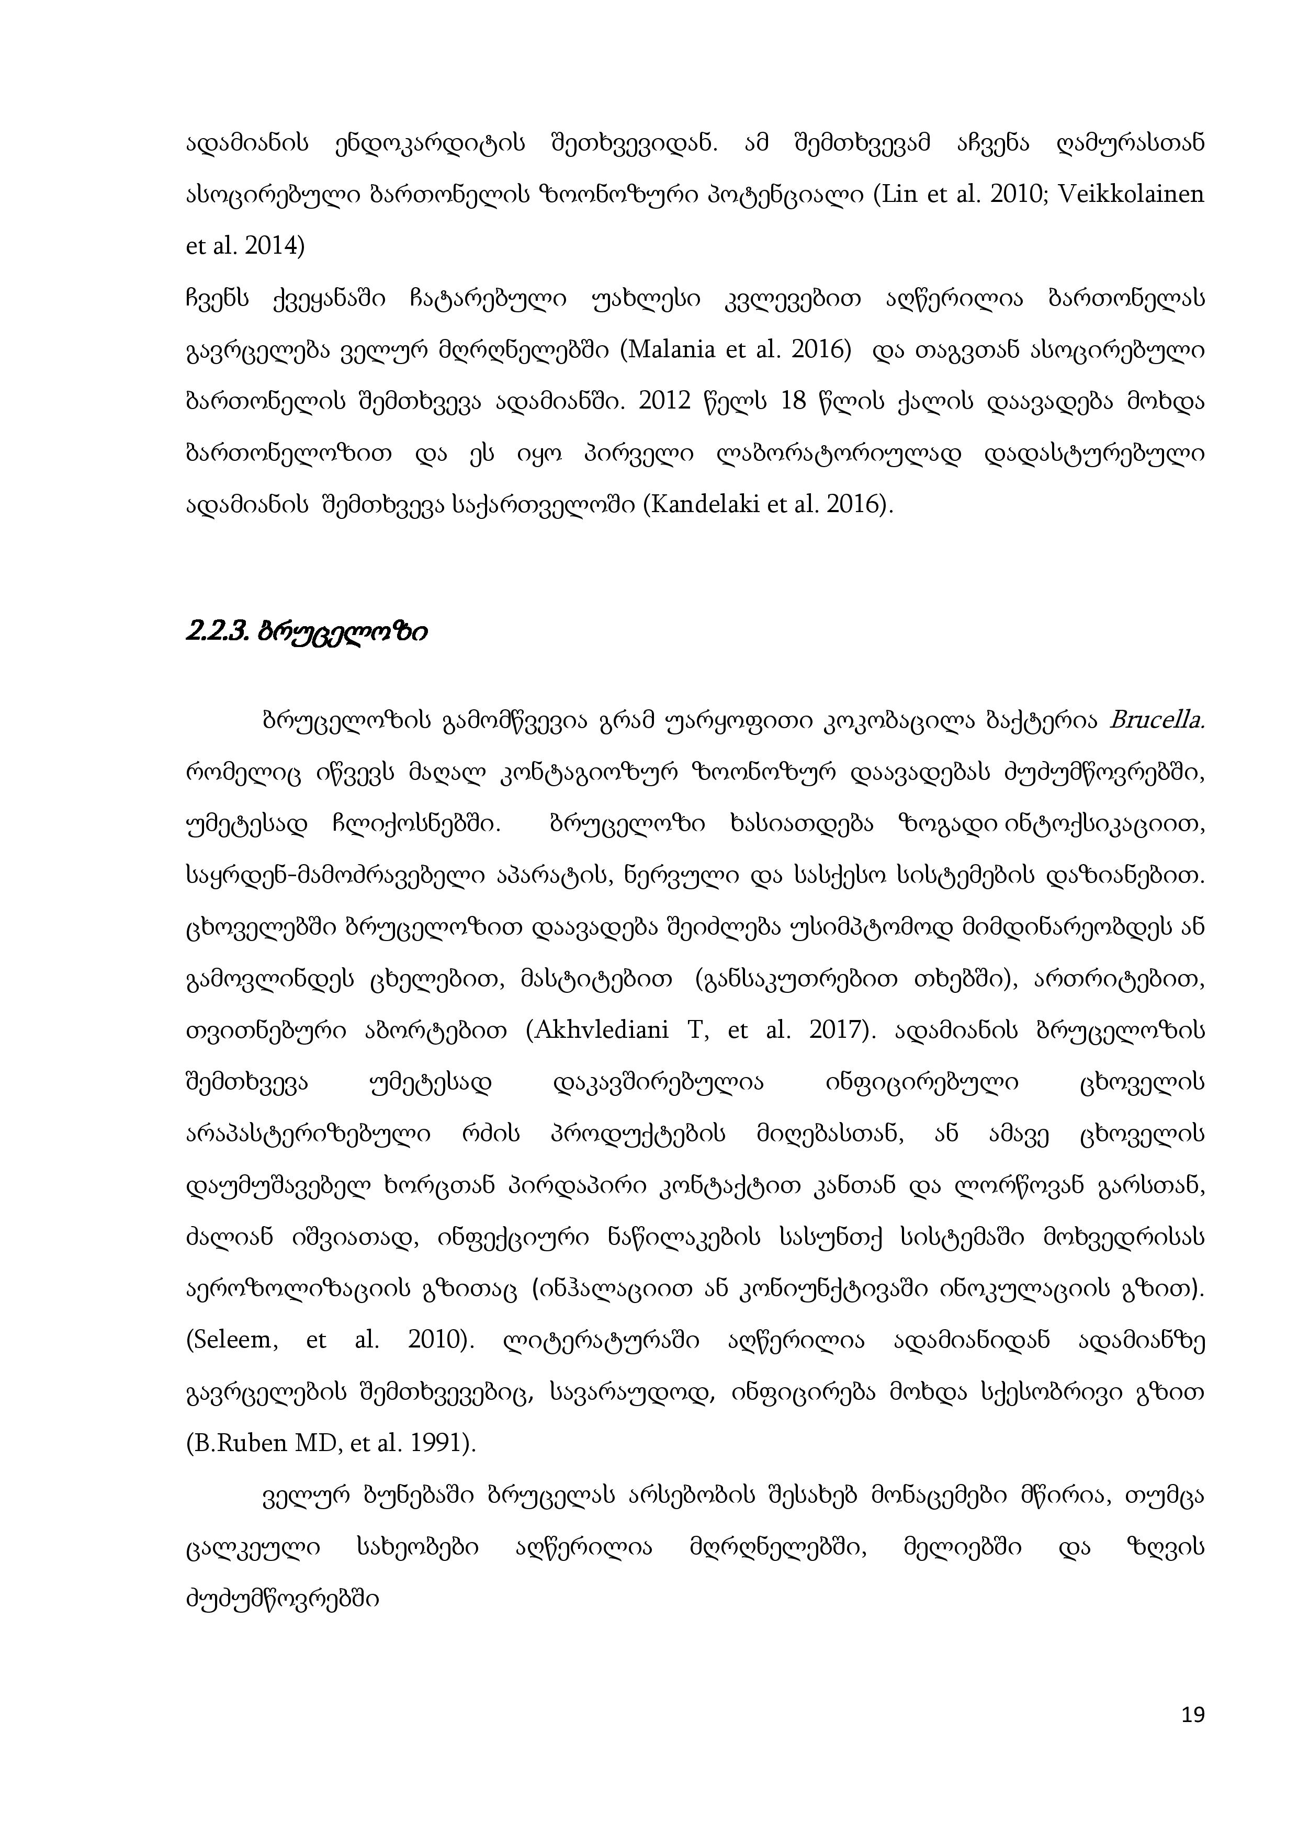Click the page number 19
(1192, 1714)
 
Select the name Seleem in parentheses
(234, 1340)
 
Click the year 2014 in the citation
(273, 246)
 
